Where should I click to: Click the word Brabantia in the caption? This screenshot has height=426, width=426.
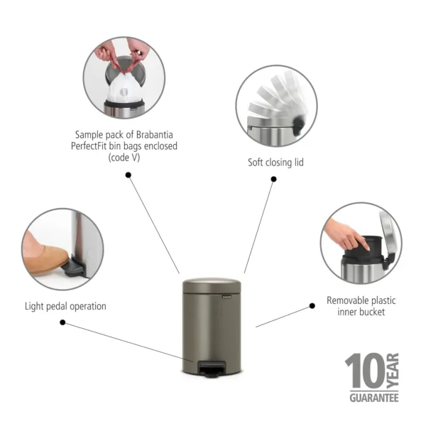tap(154, 134)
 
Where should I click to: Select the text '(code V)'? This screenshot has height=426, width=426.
tap(124, 158)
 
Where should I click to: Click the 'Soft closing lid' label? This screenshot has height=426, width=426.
tap(275, 163)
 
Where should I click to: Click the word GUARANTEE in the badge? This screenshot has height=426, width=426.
tap(373, 398)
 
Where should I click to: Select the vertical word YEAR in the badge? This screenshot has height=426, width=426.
tap(393, 369)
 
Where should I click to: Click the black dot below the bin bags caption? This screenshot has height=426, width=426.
tap(129, 174)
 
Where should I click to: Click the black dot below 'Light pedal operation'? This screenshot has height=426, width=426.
tap(62, 322)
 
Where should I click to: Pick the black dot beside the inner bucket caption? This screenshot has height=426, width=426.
tap(312, 306)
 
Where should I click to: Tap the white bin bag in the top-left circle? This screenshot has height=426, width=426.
tap(126, 87)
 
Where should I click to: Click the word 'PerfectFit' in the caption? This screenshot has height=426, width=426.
tap(92, 146)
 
